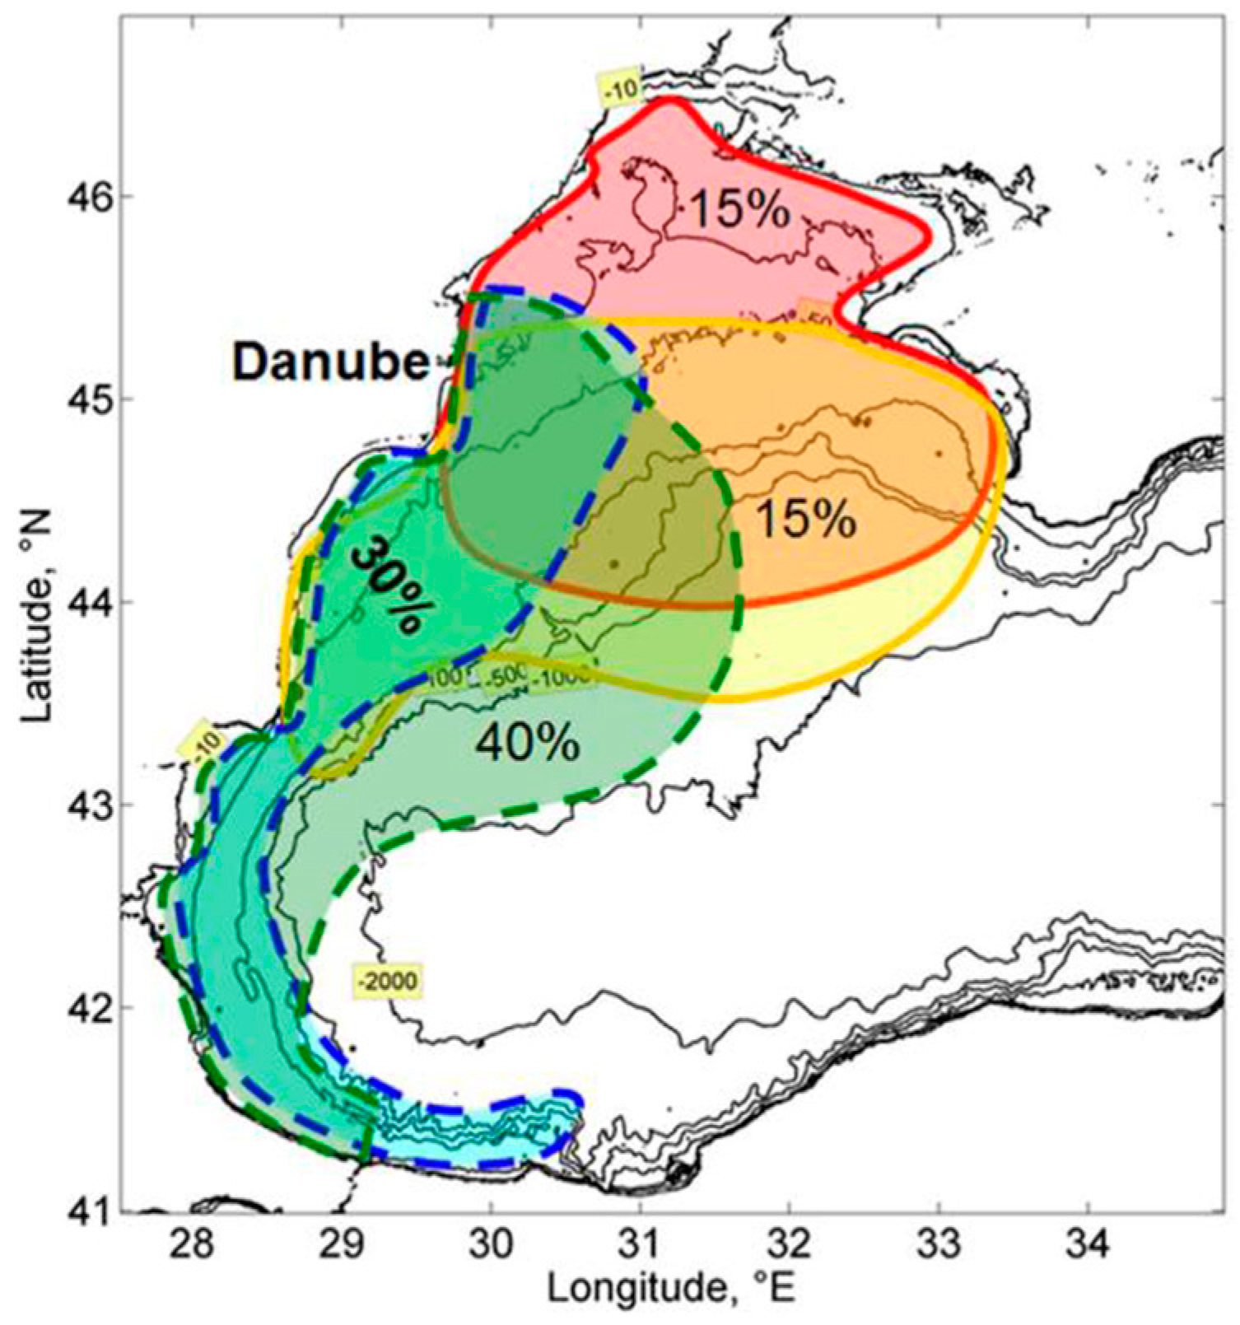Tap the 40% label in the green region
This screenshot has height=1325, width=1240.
pyautogui.click(x=528, y=743)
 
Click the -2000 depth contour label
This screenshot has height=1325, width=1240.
pyautogui.click(x=387, y=981)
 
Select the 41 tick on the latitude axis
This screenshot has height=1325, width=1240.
pyautogui.click(x=86, y=1211)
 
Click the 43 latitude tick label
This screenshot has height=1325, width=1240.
pyautogui.click(x=86, y=805)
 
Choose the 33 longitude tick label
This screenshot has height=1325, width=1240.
pyautogui.click(x=939, y=1244)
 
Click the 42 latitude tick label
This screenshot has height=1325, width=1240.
pyautogui.click(x=86, y=1007)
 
